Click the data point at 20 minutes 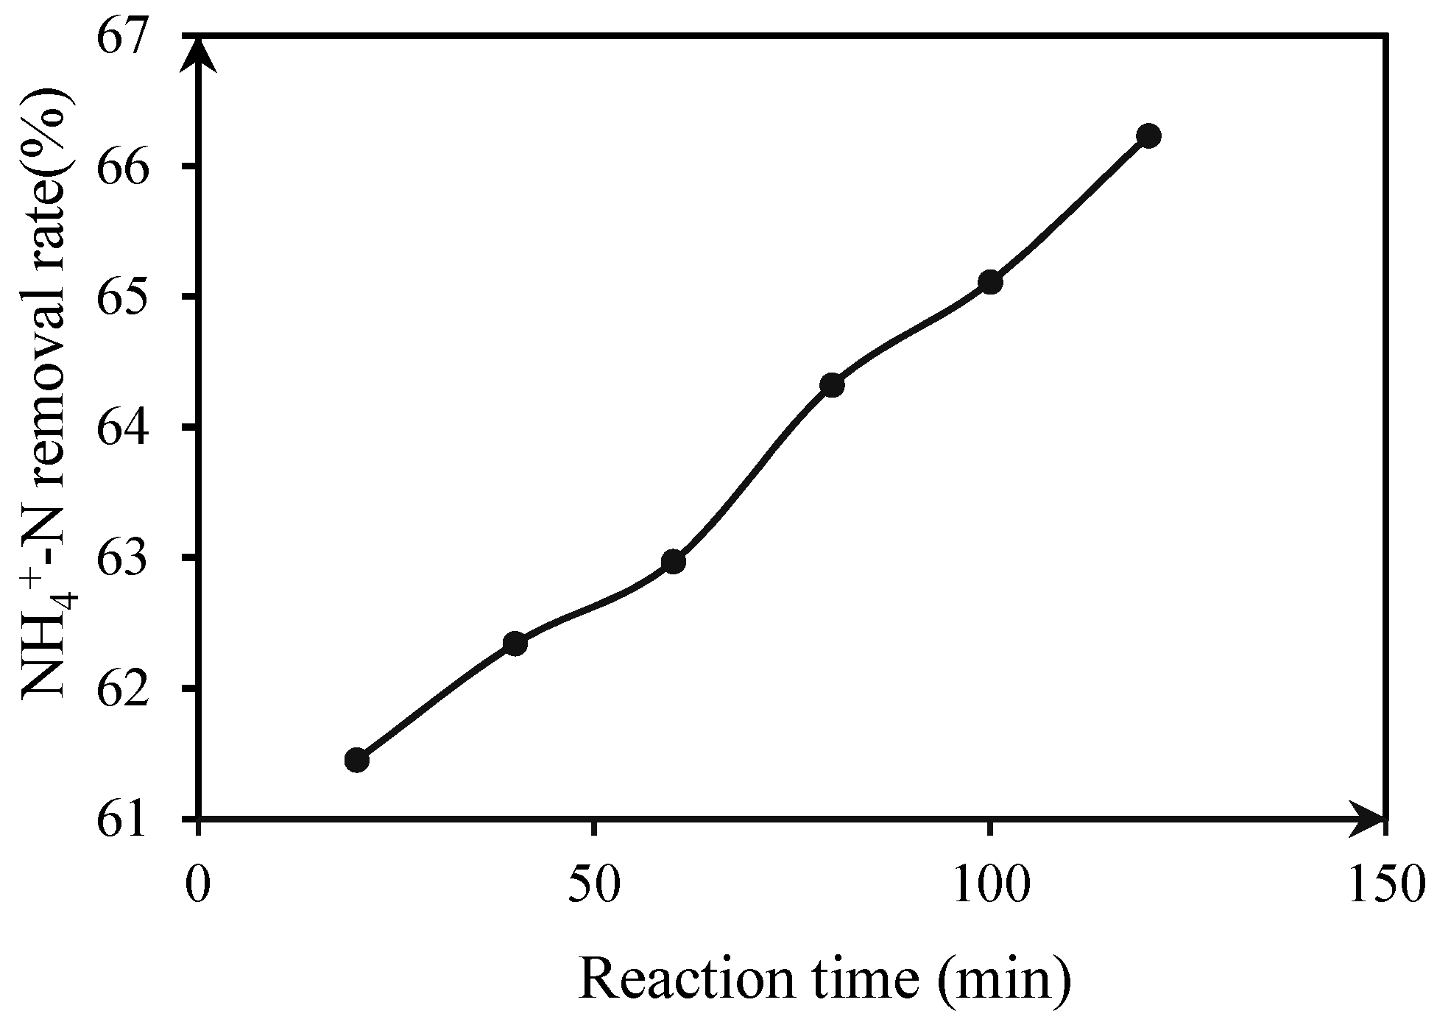(357, 760)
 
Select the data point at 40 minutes (515, 644)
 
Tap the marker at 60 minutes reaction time (674, 563)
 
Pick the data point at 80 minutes (832, 384)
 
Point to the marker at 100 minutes (991, 282)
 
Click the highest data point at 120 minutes (1148, 135)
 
